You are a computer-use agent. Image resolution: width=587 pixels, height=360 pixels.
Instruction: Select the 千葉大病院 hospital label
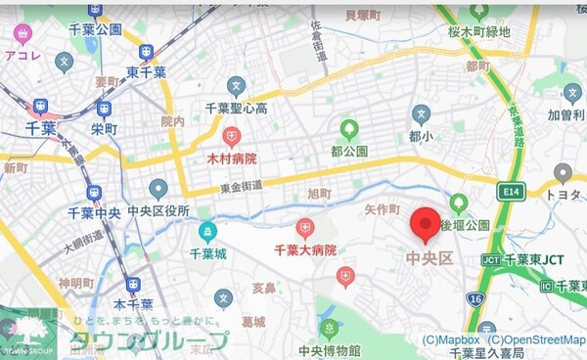[305, 250]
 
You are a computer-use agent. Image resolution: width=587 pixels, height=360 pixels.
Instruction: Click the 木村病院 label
[231, 157]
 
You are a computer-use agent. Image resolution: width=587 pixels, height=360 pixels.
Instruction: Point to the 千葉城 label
[207, 252]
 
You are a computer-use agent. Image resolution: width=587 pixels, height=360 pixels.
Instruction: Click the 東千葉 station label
[147, 72]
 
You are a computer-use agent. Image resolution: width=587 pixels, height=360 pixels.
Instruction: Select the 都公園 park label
[348, 151]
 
